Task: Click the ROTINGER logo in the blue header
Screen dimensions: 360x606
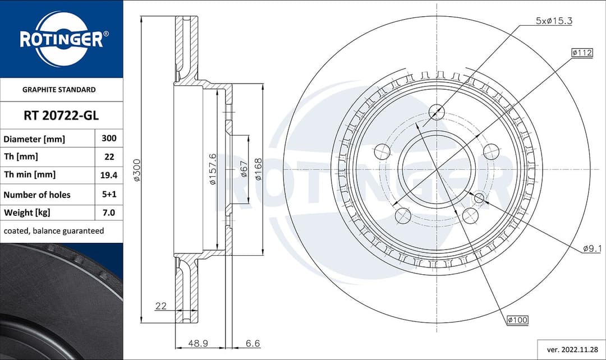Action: (61, 39)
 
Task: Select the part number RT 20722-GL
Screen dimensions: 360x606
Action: (61, 116)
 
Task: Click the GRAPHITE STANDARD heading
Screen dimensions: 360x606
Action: (59, 89)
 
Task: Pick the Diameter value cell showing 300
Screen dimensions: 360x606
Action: (108, 138)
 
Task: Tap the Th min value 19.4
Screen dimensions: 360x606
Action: (108, 175)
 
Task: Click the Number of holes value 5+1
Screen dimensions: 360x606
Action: (108, 195)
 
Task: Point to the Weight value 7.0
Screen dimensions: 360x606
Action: (108, 213)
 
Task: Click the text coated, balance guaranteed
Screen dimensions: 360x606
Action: (54, 231)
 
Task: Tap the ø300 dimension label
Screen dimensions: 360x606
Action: (136, 170)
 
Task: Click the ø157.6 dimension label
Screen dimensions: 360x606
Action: (213, 169)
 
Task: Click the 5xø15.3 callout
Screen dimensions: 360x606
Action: (553, 21)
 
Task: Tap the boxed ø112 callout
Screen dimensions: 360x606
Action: (582, 53)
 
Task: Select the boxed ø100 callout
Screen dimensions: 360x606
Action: (517, 320)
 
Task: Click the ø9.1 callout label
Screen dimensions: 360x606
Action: (592, 248)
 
